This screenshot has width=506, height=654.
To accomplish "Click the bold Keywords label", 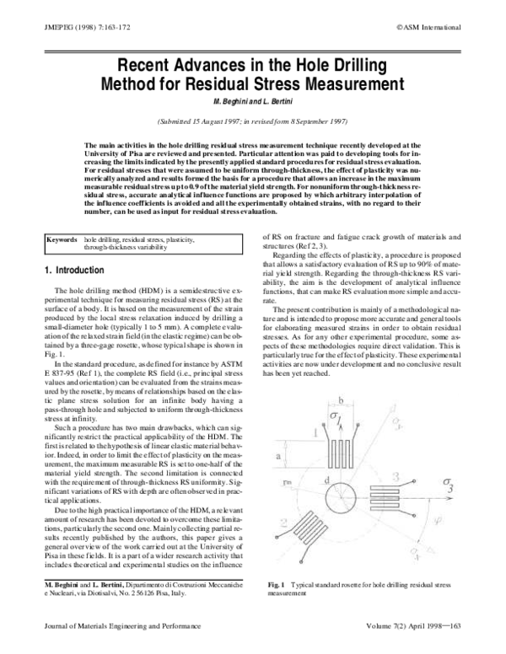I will pyautogui.click(x=62, y=240).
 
